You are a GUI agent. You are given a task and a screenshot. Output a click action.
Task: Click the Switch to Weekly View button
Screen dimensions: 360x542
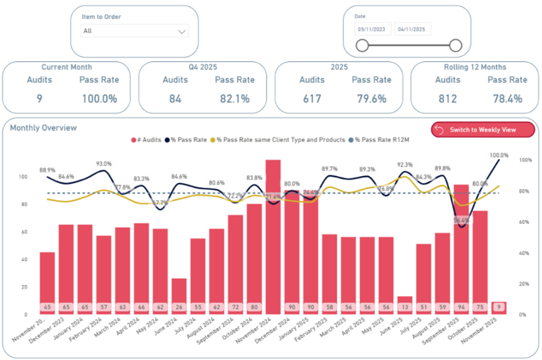tap(483, 130)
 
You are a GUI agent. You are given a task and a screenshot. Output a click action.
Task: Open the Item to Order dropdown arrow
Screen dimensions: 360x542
tap(181, 31)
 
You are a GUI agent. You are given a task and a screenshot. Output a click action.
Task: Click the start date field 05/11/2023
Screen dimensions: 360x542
tap(373, 29)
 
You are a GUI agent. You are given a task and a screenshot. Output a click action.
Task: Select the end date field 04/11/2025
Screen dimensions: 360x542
tap(413, 29)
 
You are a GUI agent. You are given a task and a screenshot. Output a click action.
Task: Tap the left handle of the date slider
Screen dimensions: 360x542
tap(362, 45)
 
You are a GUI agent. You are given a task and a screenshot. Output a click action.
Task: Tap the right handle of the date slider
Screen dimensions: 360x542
tap(455, 45)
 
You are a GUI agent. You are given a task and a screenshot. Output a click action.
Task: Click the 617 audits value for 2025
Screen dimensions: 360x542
tap(312, 98)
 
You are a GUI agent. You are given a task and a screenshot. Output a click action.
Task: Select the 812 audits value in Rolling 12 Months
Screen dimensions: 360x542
tap(447, 98)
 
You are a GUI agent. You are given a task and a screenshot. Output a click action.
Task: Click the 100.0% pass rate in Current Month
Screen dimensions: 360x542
tap(98, 98)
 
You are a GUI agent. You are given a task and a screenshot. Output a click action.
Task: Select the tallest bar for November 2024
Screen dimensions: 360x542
tap(273, 234)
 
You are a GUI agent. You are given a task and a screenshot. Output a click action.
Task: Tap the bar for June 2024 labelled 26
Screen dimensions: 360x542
tap(179, 295)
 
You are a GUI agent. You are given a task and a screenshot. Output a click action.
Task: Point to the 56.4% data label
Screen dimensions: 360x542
tap(462, 220)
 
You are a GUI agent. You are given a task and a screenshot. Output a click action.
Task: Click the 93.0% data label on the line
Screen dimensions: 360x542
tap(103, 164)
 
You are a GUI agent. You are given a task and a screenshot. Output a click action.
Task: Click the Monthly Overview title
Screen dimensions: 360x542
tap(43, 127)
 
